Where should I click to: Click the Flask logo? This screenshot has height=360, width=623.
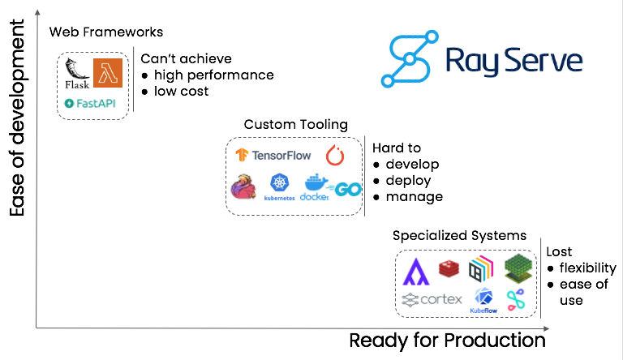(77, 75)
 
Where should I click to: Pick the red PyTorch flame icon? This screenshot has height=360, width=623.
(335, 155)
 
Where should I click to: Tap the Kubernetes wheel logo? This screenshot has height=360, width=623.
(280, 186)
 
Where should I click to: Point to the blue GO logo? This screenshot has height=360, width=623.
(347, 189)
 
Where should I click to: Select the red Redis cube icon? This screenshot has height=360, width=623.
(449, 267)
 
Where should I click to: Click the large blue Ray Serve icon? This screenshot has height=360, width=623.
(410, 58)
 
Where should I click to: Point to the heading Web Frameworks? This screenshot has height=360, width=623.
(106, 32)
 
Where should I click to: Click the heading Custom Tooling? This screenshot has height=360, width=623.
(295, 124)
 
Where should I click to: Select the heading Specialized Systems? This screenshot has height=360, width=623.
(459, 236)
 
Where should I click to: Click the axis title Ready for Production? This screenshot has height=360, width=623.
(447, 341)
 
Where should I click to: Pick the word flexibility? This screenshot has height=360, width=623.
(588, 268)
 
